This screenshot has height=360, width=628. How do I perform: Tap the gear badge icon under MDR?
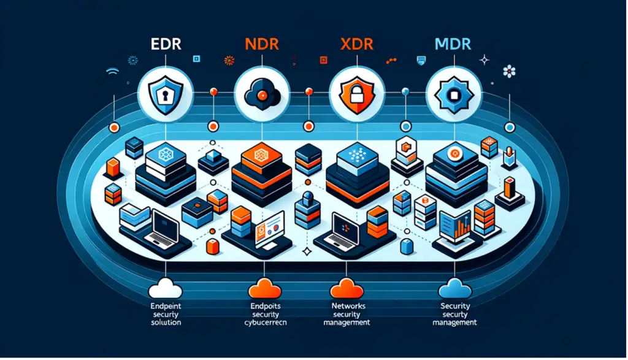pos(450,94)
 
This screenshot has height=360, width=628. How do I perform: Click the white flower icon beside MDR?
pos(509,71)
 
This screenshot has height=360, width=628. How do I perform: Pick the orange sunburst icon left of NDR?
pos(229,60)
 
